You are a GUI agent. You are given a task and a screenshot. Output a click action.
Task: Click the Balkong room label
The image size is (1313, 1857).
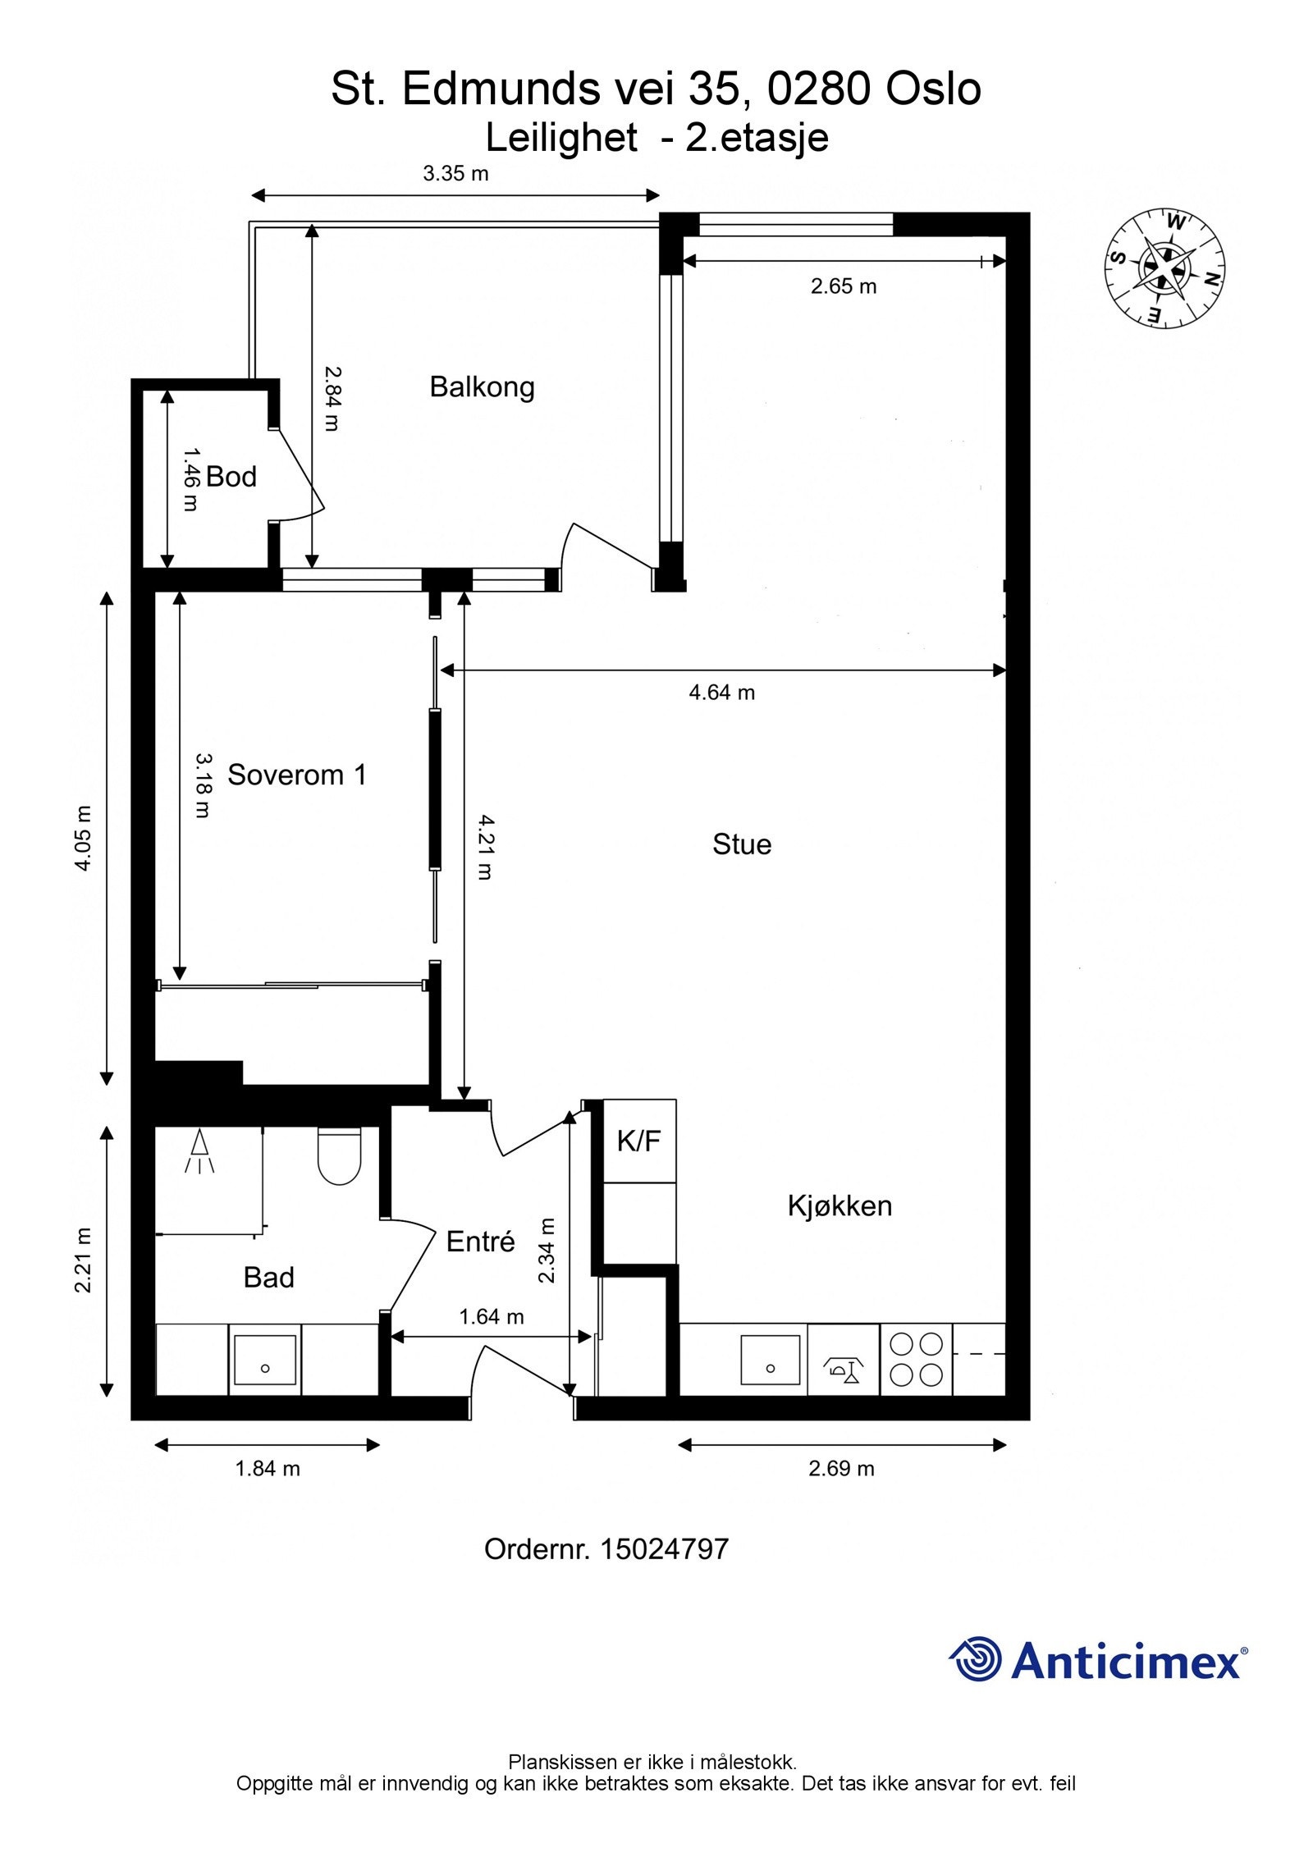(x=482, y=386)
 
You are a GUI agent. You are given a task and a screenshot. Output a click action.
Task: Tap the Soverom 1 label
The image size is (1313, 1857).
(x=296, y=775)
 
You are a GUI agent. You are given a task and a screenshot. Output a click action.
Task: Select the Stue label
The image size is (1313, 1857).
(x=742, y=844)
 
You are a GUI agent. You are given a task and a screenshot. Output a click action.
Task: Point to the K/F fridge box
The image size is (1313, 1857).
(x=639, y=1141)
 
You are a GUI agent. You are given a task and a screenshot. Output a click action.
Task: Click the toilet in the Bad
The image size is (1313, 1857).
(x=339, y=1155)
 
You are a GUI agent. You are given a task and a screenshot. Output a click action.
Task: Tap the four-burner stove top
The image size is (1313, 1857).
(x=917, y=1359)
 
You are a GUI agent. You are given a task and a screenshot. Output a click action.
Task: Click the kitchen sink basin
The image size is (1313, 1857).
(x=770, y=1360)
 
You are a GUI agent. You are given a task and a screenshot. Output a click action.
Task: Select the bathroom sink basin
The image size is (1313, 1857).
(x=264, y=1360)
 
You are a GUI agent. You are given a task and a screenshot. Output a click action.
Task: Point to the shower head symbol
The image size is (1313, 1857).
(x=199, y=1151)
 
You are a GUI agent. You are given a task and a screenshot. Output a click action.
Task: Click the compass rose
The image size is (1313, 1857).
(x=1164, y=268)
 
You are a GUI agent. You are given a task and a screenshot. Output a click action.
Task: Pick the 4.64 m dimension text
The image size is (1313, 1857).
(x=721, y=693)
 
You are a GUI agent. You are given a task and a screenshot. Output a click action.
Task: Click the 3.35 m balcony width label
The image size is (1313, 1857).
(x=455, y=173)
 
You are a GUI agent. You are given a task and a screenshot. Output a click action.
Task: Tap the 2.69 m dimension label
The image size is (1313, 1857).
(x=841, y=1469)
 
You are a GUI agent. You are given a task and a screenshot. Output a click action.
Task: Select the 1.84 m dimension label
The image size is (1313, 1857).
(x=268, y=1469)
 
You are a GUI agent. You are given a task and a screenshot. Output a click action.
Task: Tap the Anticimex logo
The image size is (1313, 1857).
(x=1099, y=1661)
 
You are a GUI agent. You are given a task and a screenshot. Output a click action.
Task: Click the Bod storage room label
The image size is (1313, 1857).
(x=231, y=477)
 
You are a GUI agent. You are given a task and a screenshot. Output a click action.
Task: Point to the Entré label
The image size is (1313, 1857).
(x=480, y=1242)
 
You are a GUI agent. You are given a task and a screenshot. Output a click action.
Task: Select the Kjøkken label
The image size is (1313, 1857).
(x=839, y=1206)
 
